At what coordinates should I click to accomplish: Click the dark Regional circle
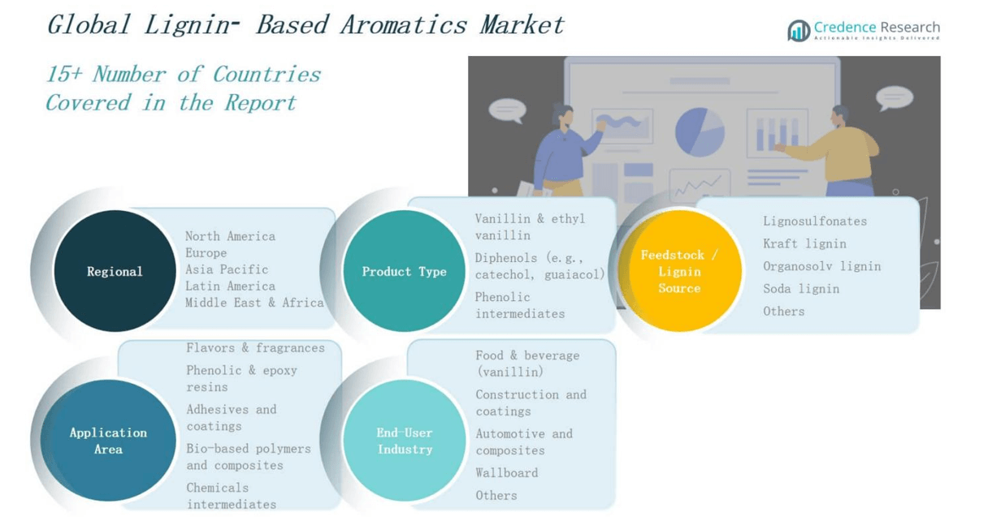[115, 271]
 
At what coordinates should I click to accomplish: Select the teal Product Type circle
[405, 271]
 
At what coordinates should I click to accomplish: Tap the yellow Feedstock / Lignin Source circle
[680, 271]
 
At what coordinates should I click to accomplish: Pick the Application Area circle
[109, 440]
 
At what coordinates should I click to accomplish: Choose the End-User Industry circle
[405, 440]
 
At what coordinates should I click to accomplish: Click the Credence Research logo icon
[799, 31]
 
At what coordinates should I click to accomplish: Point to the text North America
[230, 236]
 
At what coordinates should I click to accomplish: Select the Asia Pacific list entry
[227, 269]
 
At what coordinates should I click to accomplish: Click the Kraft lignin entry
[804, 243]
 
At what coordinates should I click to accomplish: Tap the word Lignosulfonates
[815, 221]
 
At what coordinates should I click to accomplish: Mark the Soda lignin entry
[801, 289]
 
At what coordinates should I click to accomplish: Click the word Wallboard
[507, 473]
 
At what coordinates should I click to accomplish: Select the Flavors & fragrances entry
[256, 348]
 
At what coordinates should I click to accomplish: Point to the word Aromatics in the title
[404, 24]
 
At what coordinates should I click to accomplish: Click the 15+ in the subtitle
[64, 74]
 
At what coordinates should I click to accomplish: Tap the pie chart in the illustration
[700, 132]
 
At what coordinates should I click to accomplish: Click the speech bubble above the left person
[507, 110]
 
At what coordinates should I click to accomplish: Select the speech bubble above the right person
[895, 97]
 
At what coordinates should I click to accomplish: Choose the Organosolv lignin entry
[821, 266]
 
